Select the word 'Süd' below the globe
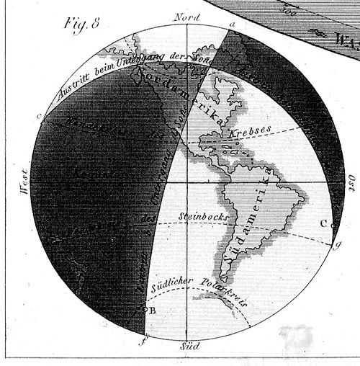[189, 347]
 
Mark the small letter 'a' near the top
[232, 25]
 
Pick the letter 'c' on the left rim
[38, 115]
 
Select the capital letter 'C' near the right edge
[323, 223]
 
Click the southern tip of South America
[225, 281]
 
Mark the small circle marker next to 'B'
[146, 311]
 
